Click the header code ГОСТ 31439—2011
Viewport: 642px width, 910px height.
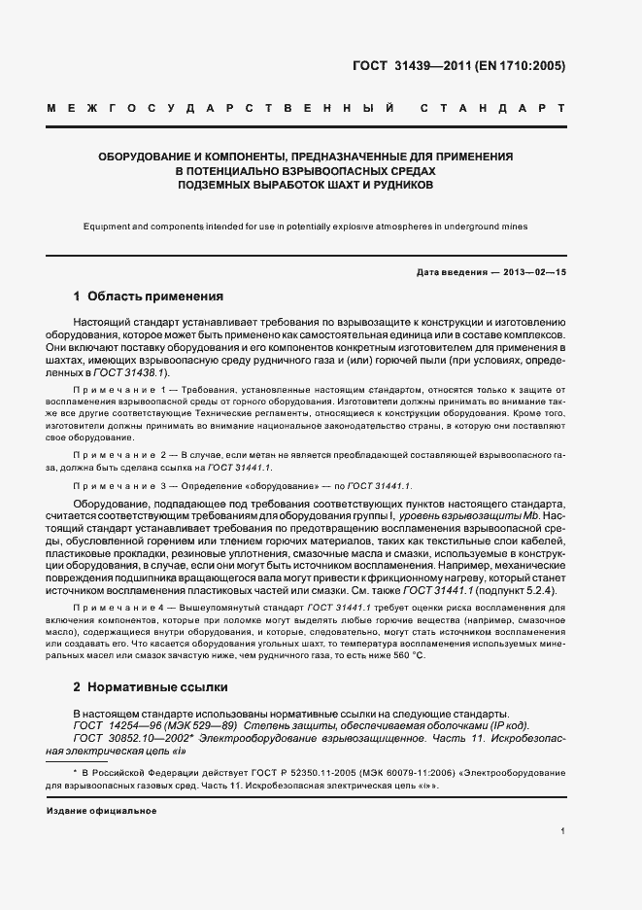(412, 66)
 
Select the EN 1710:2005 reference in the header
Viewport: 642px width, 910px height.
(521, 66)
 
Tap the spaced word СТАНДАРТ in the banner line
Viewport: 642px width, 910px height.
(492, 109)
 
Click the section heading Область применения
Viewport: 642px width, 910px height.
(155, 296)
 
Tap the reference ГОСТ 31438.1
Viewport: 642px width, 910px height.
(136, 372)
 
